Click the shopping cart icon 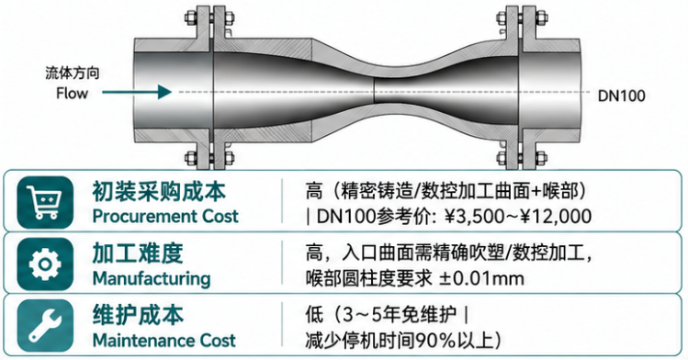pos(45,203)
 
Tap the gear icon pos(45,264)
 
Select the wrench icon pos(45,325)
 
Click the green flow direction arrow pos(137,92)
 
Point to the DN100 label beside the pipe pos(621,96)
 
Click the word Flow pos(72,93)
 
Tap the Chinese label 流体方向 pos(73,73)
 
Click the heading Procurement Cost pos(165,216)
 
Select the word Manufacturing pos(152,279)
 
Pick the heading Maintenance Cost pos(164,341)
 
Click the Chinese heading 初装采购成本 pos(159,192)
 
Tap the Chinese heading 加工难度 pos(138,253)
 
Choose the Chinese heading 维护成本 pos(138,315)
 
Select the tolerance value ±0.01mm pos(481,279)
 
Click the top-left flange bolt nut pos(191,18)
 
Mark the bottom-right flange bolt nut pos(540,157)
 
